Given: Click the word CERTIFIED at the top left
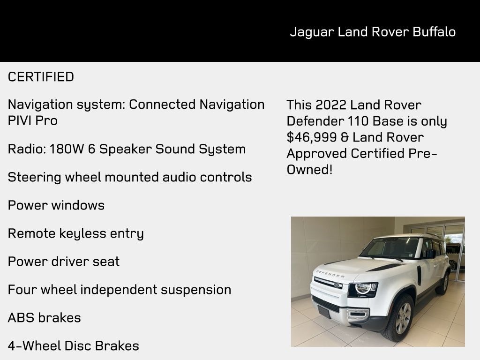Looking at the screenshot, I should tap(41, 77).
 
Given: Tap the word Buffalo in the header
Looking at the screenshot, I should tap(434, 32).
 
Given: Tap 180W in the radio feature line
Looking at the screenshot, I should tap(66, 149).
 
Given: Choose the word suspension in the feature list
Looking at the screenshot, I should tap(196, 290).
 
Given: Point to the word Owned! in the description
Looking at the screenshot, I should tap(309, 169).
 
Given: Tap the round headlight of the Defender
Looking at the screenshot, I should tap(363, 288).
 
